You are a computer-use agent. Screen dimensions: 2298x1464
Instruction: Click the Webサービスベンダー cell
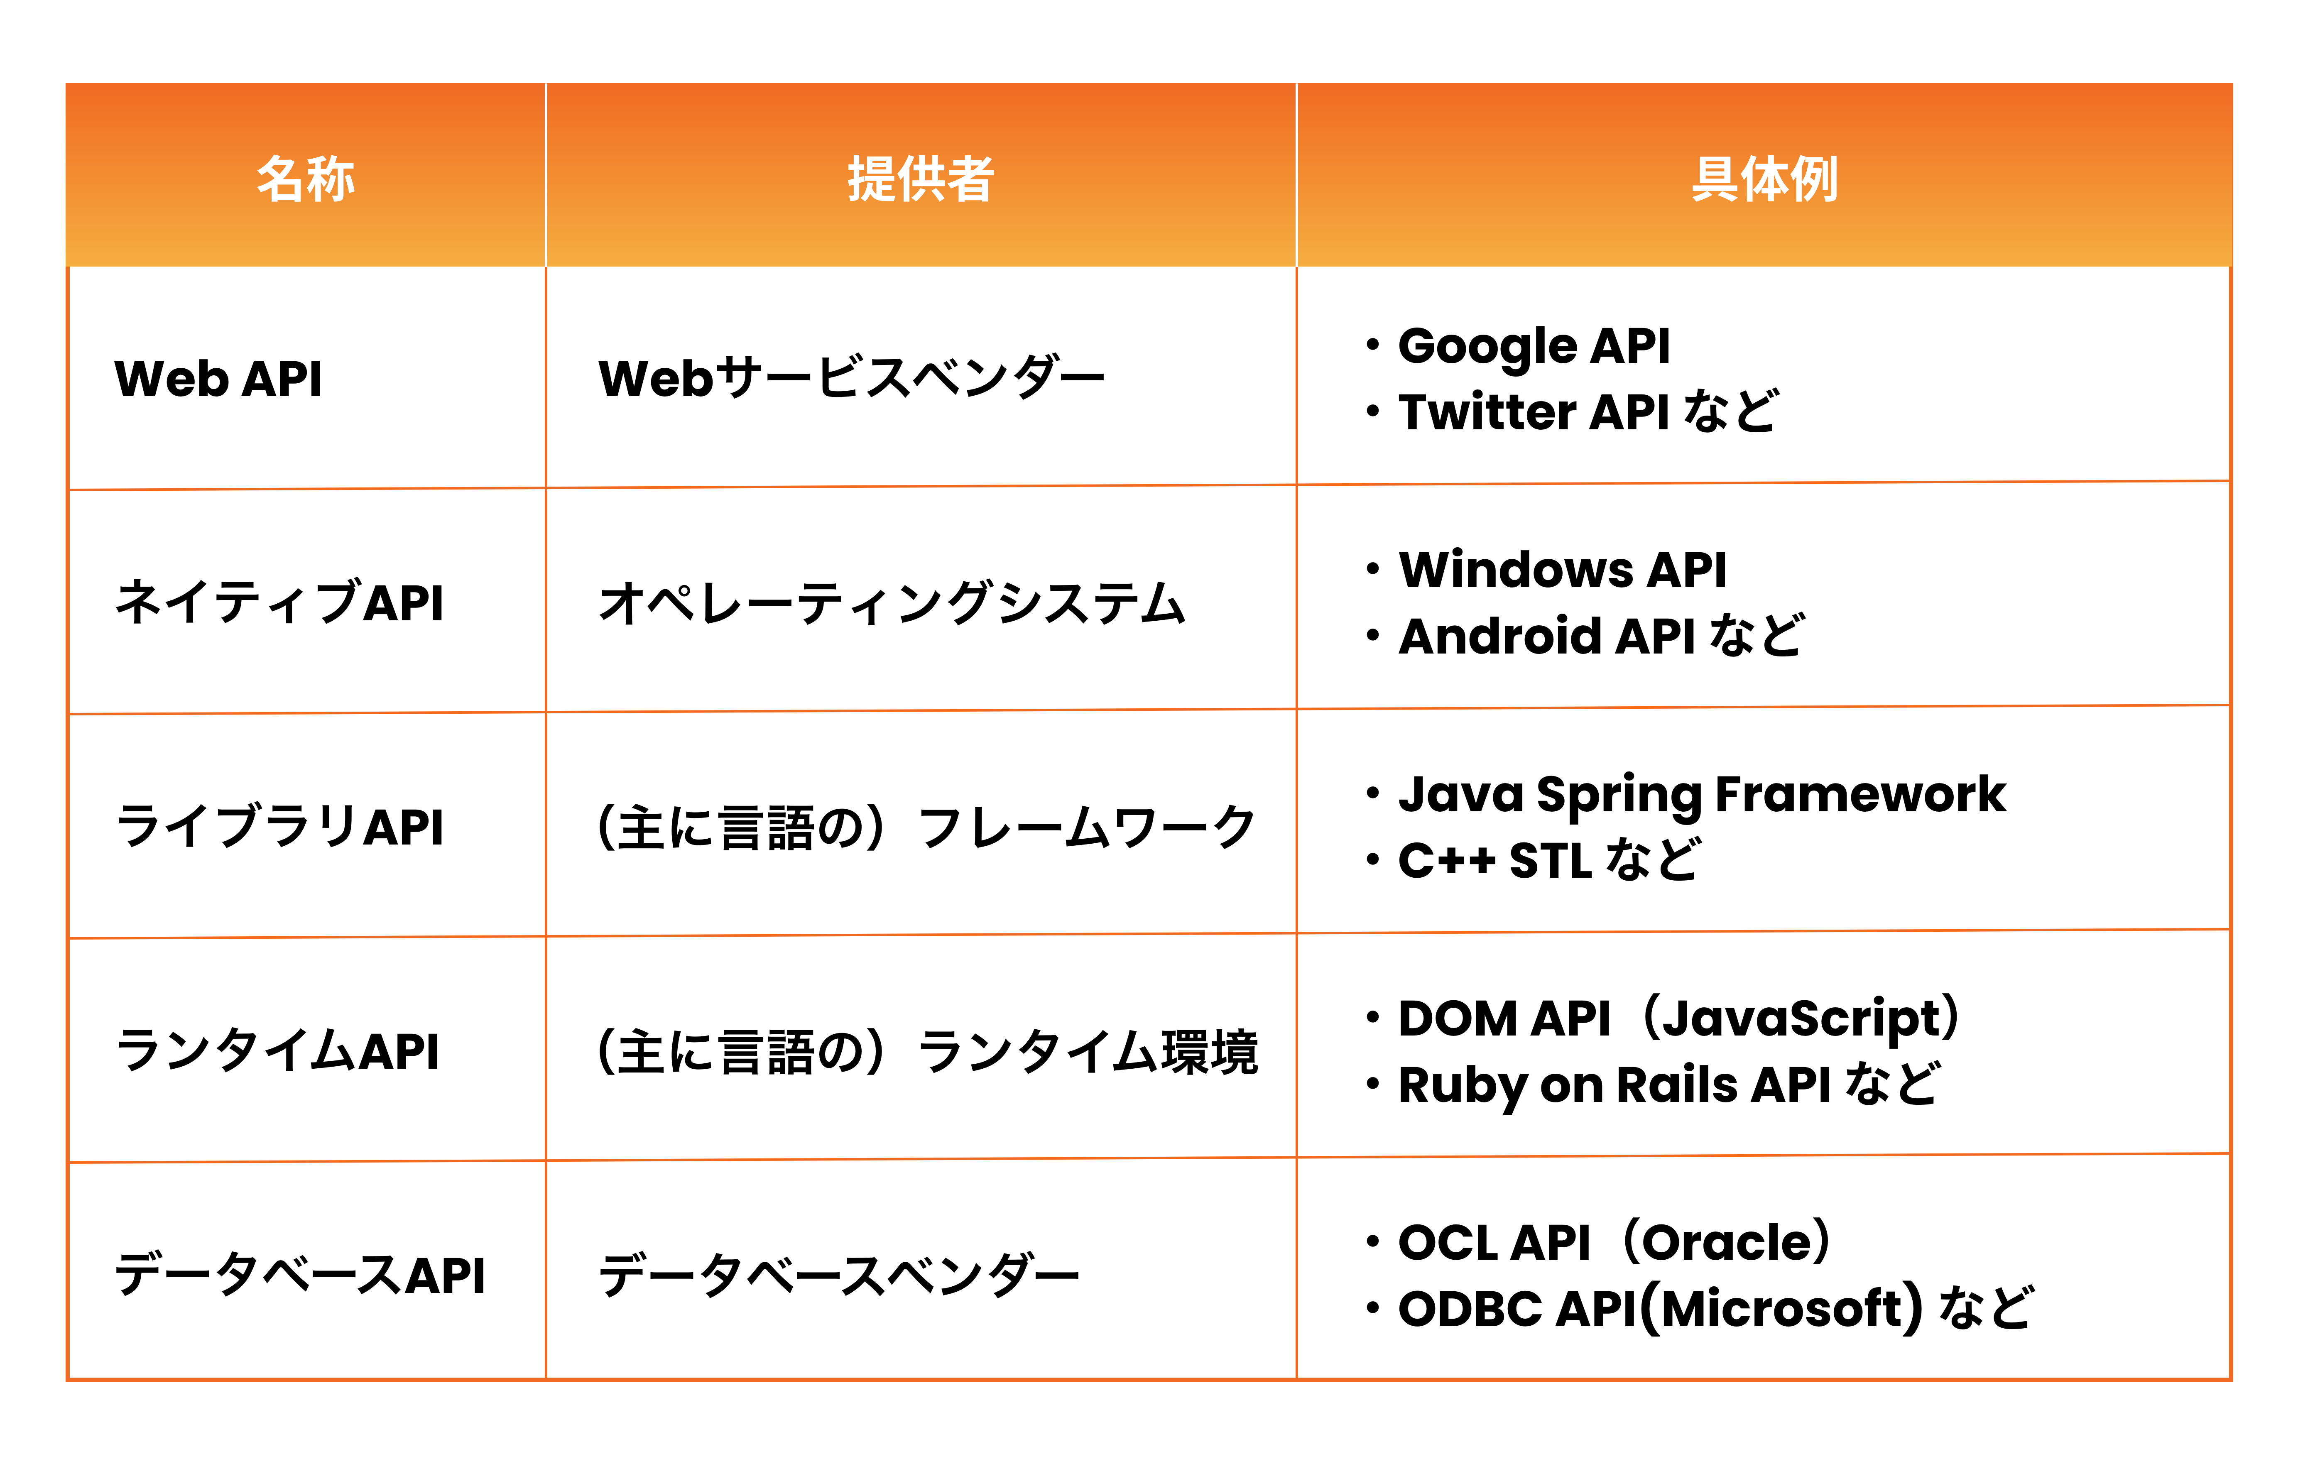(851, 378)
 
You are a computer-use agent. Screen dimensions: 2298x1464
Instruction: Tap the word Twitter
(1487, 411)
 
